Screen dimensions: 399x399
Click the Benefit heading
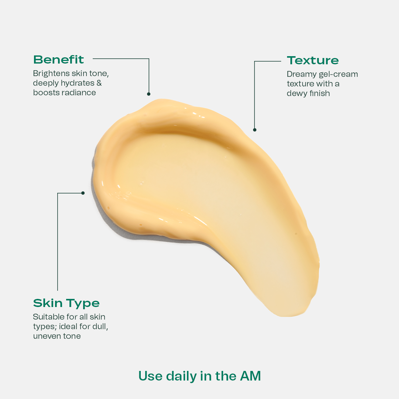tap(58, 59)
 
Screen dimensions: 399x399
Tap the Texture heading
tap(313, 60)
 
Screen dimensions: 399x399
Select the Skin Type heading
tap(66, 303)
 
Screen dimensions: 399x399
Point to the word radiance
tap(80, 92)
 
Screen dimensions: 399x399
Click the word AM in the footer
tap(250, 376)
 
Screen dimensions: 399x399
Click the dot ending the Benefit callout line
tap(149, 94)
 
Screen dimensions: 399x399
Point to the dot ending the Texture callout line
tap(255, 130)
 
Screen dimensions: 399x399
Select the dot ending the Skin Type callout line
tap(83, 193)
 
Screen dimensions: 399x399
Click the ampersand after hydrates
tap(99, 83)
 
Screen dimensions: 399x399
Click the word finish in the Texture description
tap(320, 93)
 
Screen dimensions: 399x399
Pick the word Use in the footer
tap(150, 376)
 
